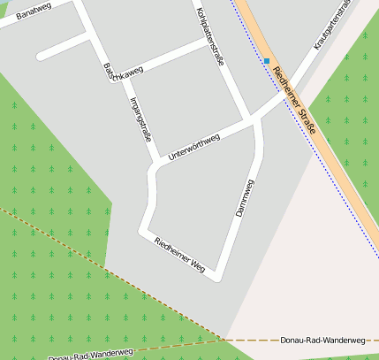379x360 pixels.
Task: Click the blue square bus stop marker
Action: (x=266, y=61)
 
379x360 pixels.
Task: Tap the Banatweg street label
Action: (x=34, y=11)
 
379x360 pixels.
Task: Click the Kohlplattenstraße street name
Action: (x=211, y=35)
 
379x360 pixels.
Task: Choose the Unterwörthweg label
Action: (x=193, y=146)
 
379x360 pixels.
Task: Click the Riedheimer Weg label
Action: (x=179, y=254)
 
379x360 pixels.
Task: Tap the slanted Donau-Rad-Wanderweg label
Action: (x=91, y=354)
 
